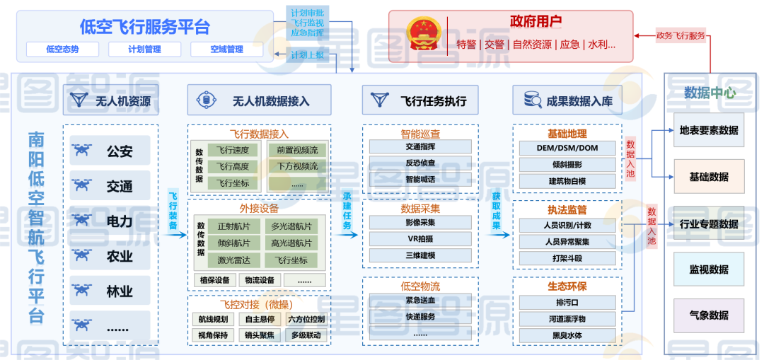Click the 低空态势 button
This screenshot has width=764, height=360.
62,50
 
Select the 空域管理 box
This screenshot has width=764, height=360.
226,50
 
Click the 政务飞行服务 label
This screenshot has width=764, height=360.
681,35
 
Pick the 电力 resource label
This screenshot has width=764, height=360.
120,221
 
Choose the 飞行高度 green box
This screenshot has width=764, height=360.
233,166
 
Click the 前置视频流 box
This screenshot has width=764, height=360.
297,150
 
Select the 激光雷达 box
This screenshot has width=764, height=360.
233,260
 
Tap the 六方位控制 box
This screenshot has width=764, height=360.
307,319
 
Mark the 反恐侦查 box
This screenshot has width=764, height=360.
420,163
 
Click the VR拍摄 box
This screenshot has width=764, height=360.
420,239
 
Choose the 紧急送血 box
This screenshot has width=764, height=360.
420,301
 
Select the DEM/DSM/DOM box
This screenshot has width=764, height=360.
567,149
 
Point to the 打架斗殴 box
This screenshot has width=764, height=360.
567,258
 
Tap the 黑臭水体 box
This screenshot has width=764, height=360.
567,335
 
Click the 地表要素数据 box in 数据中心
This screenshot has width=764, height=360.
708,130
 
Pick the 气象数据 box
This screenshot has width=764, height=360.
708,315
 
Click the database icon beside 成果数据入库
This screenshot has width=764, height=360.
532,100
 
